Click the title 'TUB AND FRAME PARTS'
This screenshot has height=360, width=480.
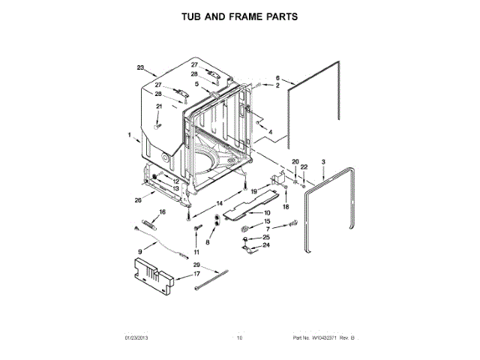pyautogui.click(x=239, y=16)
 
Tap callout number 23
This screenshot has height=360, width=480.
pyautogui.click(x=140, y=68)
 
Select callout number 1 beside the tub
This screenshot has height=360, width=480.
pyautogui.click(x=129, y=136)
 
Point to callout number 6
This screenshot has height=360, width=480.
pyautogui.click(x=277, y=78)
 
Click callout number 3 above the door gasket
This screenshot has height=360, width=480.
pyautogui.click(x=323, y=162)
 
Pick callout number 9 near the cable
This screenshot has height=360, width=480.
pyautogui.click(x=139, y=251)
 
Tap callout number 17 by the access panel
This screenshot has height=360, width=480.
pyautogui.click(x=197, y=274)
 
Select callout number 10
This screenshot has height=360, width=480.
pyautogui.click(x=267, y=213)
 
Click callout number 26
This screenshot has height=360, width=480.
pyautogui.click(x=137, y=200)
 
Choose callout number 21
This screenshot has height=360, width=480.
pyautogui.click(x=158, y=107)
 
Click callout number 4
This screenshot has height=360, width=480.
pyautogui.click(x=270, y=133)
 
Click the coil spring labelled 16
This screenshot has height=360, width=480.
pyautogui.click(x=148, y=223)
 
